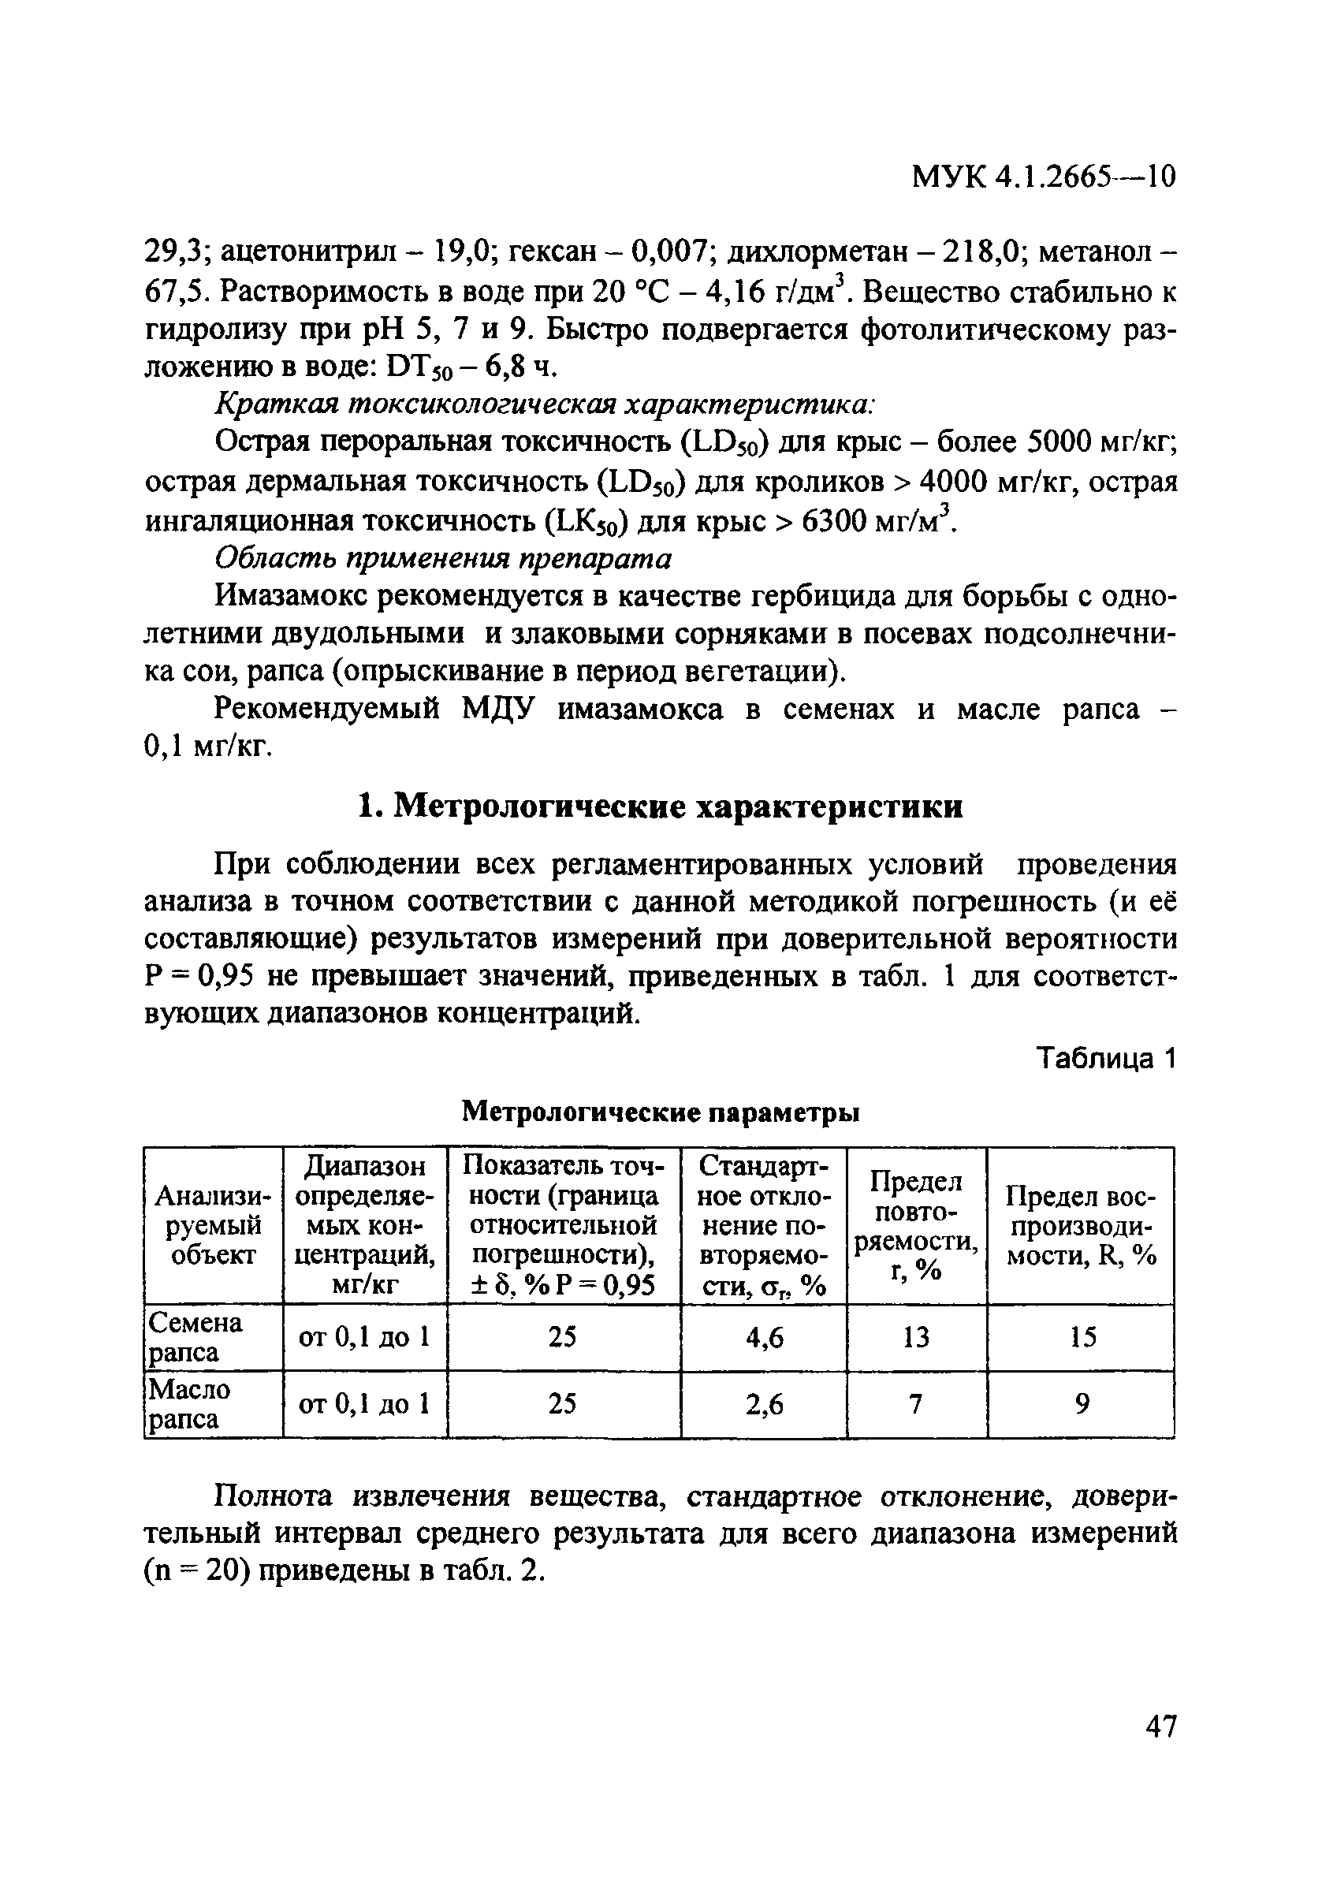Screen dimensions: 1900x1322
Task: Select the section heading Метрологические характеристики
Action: (x=660, y=805)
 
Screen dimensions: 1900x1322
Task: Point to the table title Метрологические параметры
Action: (x=659, y=1113)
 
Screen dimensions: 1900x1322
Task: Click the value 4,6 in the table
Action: (x=764, y=1337)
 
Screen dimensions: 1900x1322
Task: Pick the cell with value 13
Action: (x=916, y=1337)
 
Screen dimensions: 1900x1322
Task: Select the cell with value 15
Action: (x=1082, y=1337)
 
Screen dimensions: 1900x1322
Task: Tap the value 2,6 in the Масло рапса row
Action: (x=764, y=1404)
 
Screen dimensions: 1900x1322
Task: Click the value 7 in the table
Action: (x=916, y=1404)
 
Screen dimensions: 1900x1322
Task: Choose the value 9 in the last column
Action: (x=1082, y=1404)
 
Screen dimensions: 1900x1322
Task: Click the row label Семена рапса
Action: (x=196, y=1337)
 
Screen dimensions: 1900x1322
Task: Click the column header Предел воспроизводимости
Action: (x=1081, y=1226)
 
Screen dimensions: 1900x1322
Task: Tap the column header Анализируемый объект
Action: (x=213, y=1226)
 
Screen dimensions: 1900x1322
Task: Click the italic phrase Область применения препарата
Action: (x=443, y=559)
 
